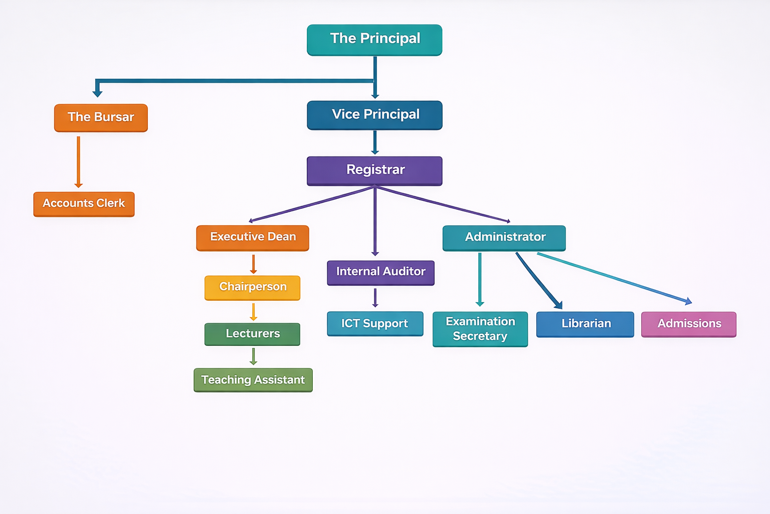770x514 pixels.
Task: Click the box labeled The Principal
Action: pyautogui.click(x=374, y=40)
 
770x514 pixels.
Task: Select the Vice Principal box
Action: pyautogui.click(x=374, y=115)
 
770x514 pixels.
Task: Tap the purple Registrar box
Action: pyautogui.click(x=374, y=171)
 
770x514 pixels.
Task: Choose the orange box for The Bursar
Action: pyautogui.click(x=101, y=117)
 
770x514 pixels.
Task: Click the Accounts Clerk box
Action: pyautogui.click(x=84, y=204)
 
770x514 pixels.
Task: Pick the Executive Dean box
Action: pyautogui.click(x=253, y=237)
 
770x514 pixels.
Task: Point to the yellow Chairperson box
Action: pyautogui.click(x=253, y=287)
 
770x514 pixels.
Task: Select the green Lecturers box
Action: pyautogui.click(x=253, y=334)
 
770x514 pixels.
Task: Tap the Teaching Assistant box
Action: pyautogui.click(x=253, y=380)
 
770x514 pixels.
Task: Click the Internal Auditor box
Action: pyautogui.click(x=380, y=272)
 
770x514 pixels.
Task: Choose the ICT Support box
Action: pyautogui.click(x=375, y=324)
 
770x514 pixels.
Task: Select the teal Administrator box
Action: pyautogui.click(x=504, y=237)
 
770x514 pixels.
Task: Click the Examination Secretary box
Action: pyautogui.click(x=480, y=329)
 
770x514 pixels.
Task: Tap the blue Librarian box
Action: pyautogui.click(x=585, y=324)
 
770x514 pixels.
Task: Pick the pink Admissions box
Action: pyautogui.click(x=689, y=324)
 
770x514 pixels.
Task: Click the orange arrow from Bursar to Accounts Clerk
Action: pyautogui.click(x=78, y=161)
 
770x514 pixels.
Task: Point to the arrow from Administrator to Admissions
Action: pyautogui.click(x=614, y=278)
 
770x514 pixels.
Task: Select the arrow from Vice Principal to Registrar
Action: pyautogui.click(x=374, y=142)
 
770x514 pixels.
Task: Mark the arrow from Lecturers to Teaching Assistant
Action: pyautogui.click(x=253, y=356)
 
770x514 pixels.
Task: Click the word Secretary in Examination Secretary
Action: pyautogui.click(x=480, y=336)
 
